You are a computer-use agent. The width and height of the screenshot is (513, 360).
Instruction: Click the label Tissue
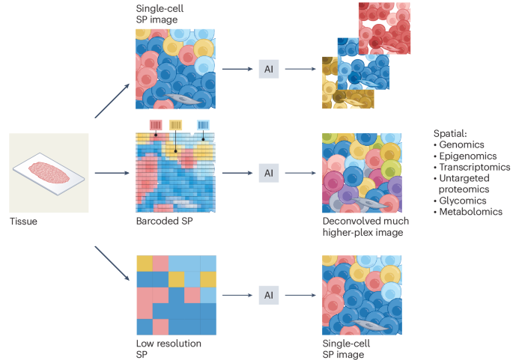23,222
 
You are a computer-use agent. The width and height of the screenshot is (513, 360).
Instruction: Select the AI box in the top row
269,69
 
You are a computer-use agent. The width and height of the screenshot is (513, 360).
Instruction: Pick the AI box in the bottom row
269,295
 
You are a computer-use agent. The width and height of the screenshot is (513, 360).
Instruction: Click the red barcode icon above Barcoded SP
157,124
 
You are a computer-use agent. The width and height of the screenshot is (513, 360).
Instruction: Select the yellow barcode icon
177,124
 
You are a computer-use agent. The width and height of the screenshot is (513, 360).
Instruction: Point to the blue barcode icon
204,124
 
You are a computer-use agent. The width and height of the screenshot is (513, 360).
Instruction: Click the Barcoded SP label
160,222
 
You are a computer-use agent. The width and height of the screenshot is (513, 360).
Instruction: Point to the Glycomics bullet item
462,201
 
